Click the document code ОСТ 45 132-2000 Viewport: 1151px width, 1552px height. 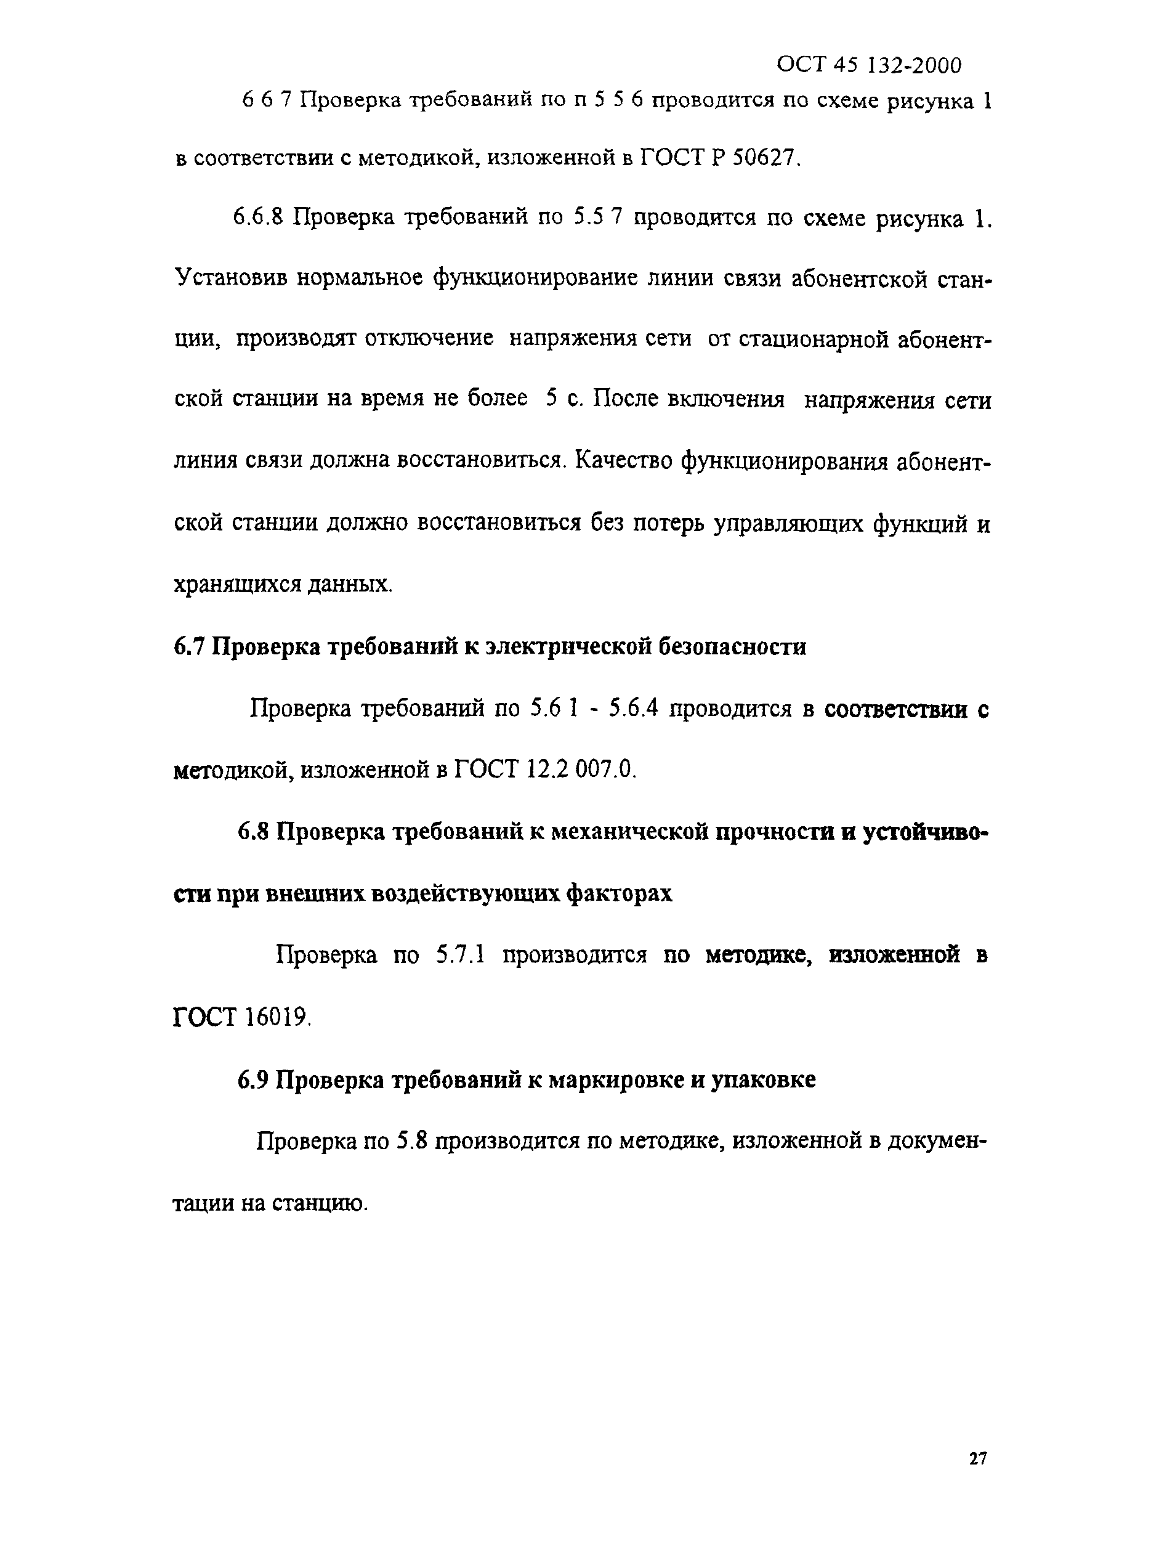[869, 65]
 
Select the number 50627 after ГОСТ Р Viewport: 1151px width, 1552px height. [762, 159]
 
